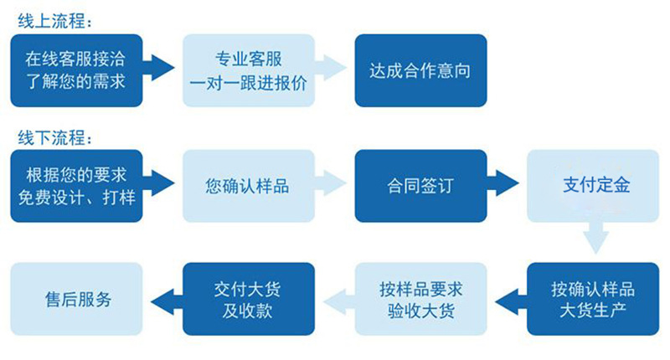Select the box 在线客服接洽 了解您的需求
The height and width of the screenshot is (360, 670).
[77, 70]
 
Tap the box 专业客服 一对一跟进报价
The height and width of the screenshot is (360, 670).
[249, 70]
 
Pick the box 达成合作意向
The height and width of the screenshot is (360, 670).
[420, 70]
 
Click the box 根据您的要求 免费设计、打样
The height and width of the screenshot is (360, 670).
[77, 186]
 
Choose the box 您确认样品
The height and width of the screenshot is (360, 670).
[249, 186]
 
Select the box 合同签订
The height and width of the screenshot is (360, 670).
[420, 186]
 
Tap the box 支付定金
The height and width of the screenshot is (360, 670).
[593, 186]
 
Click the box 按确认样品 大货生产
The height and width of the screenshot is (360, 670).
[593, 300]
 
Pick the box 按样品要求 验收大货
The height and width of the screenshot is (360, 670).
[420, 300]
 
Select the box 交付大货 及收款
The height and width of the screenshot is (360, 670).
[249, 300]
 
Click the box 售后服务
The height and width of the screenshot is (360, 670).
[77, 300]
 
